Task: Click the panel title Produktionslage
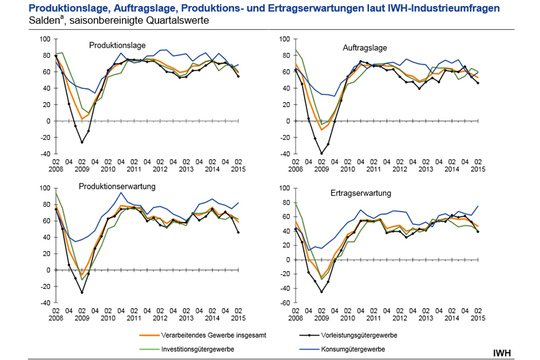(x=117, y=46)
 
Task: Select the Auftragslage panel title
(x=365, y=48)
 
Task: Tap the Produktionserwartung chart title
(x=117, y=186)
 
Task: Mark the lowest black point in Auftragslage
(x=322, y=153)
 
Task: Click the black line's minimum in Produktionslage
(x=82, y=142)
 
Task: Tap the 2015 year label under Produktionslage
(x=238, y=168)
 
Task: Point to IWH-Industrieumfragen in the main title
(x=449, y=8)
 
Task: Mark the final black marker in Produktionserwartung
(x=238, y=232)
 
